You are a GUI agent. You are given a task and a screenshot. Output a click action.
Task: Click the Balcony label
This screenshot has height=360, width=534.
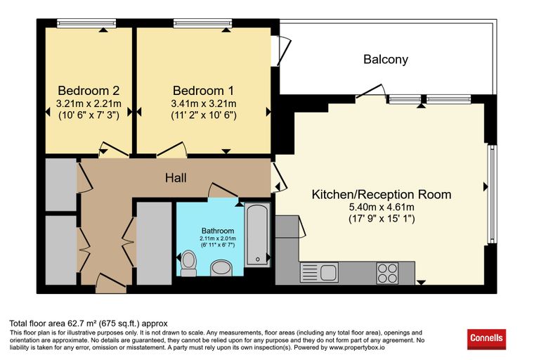pos(386,59)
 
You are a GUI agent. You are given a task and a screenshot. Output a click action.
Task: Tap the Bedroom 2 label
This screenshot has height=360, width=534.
pos(89,91)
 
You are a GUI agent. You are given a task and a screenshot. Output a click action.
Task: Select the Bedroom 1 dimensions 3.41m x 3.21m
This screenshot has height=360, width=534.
pos(204,103)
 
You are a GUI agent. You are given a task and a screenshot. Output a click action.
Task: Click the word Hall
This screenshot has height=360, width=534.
pos(176,178)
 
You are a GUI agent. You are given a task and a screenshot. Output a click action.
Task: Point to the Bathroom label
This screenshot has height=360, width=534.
pos(218,231)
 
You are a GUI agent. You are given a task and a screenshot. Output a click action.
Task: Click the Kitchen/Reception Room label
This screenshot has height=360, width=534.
pos(382,194)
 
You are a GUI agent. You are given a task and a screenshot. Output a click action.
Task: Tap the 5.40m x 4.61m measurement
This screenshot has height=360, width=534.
pos(382,207)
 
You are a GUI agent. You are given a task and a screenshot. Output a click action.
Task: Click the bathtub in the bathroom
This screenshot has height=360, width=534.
pos(257,236)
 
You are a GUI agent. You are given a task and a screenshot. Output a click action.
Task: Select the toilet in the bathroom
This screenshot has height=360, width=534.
pos(188,263)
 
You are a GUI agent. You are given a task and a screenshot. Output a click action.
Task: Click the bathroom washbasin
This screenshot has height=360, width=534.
pos(221,268)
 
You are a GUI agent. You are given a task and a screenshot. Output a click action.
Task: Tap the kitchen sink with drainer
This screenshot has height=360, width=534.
pos(319,272)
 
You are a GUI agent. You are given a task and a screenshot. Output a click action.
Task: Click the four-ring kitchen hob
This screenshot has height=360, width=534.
pos(387,273)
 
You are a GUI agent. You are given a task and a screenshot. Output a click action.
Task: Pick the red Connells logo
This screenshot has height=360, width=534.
pos(486,339)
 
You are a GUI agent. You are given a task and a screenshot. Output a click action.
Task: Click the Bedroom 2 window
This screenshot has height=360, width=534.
pos(86,23)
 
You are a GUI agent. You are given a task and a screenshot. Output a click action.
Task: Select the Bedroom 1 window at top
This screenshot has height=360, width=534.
pos(203,23)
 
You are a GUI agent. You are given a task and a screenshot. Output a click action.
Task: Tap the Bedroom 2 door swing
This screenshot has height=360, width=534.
pos(114,149)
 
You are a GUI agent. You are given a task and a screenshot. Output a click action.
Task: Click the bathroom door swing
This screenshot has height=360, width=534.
pos(223,190)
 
